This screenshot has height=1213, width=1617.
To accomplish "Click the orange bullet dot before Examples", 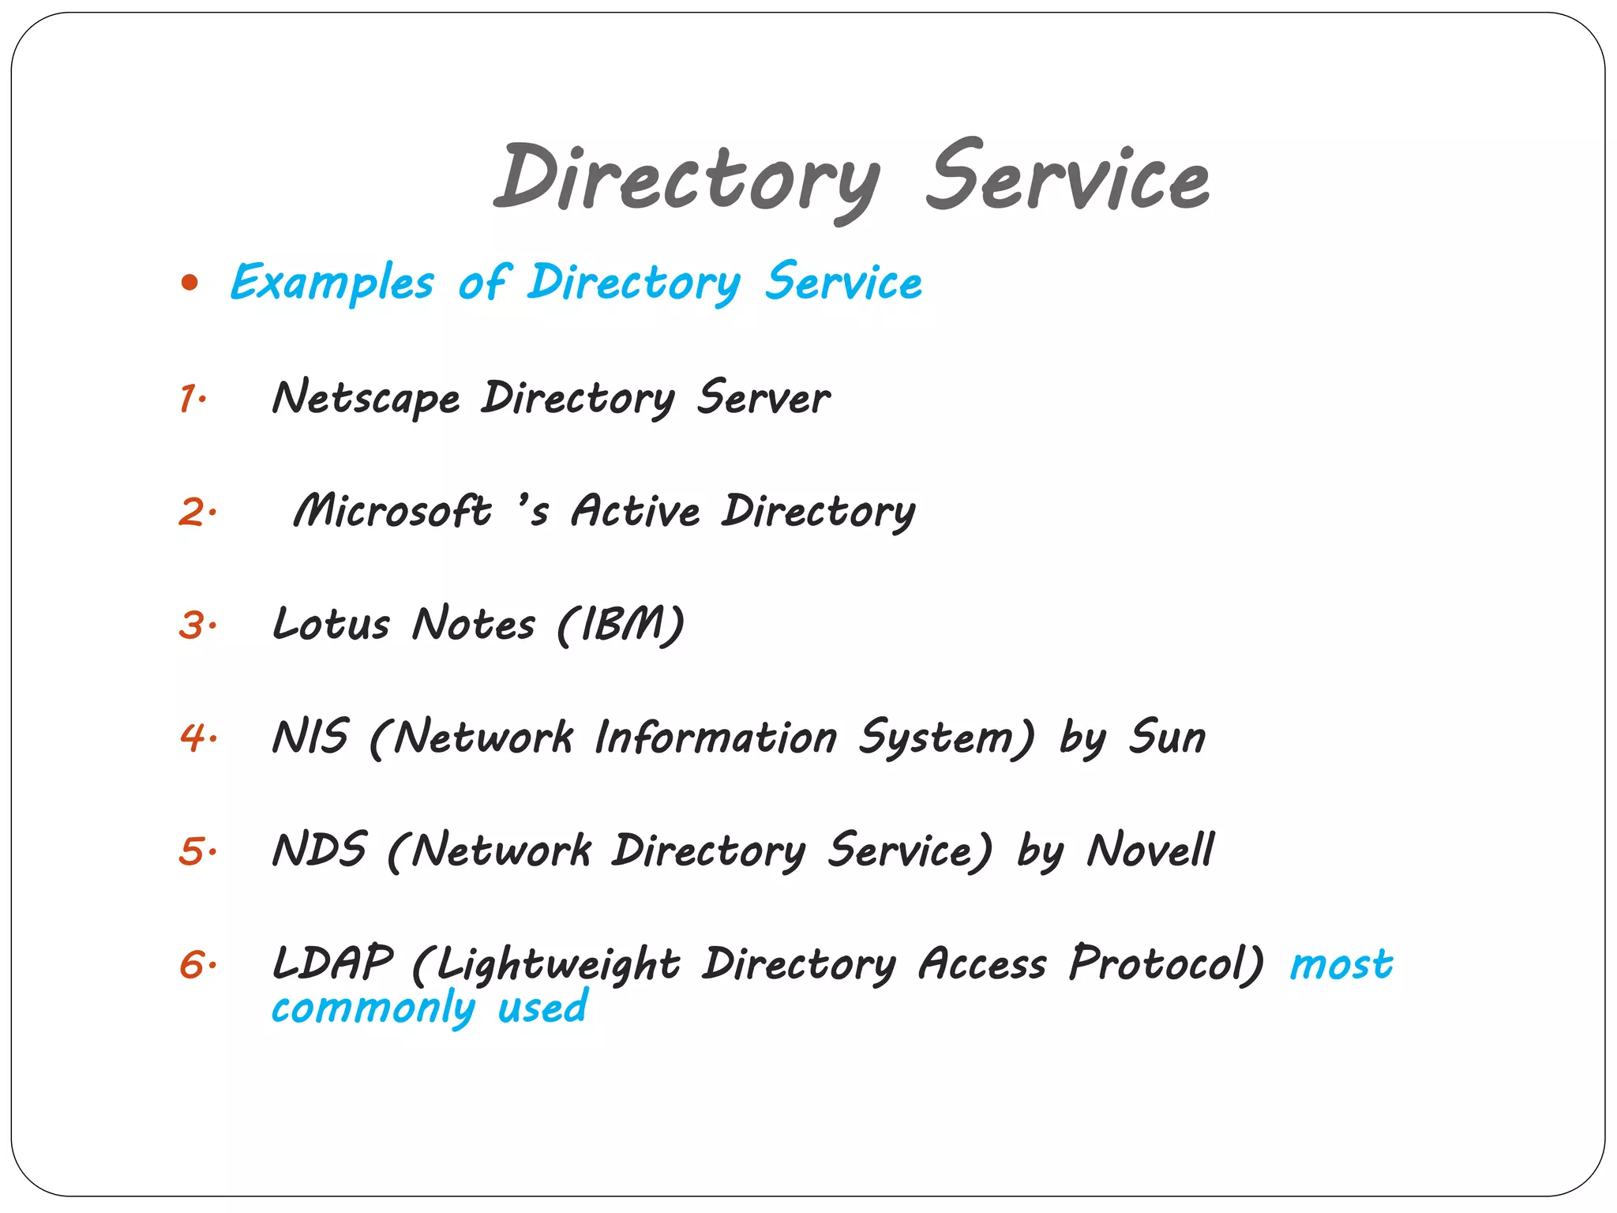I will (189, 283).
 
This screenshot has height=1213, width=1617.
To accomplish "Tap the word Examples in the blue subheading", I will (332, 283).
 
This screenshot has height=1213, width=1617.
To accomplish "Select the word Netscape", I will (366, 397).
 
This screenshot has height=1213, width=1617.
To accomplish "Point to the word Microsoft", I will (392, 511).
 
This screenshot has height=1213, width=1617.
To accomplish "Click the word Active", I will (636, 511).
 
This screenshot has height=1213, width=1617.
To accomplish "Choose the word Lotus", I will (331, 624).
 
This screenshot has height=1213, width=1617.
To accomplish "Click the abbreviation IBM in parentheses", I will (621, 625).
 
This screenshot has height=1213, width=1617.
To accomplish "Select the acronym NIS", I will (310, 737).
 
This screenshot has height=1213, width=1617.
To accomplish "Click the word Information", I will (715, 738).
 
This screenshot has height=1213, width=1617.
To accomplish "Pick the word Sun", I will (1167, 737).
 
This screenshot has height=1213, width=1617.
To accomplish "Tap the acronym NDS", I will (319, 851).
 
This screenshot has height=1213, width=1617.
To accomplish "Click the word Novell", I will (1150, 851).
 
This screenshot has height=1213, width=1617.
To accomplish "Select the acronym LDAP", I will (332, 963).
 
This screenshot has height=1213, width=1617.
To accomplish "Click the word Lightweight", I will (557, 965).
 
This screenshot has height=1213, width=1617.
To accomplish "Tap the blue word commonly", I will (373, 1009).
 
